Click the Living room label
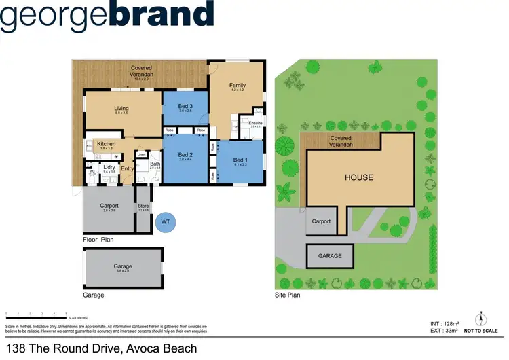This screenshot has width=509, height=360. (x=121, y=108)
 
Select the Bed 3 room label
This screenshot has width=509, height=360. (x=186, y=107)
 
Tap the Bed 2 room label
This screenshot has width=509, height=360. (x=186, y=155)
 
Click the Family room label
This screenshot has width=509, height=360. (x=237, y=85)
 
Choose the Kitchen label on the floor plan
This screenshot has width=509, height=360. (x=107, y=144)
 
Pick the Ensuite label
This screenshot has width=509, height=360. (x=256, y=123)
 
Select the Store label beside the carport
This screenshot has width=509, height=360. (x=143, y=206)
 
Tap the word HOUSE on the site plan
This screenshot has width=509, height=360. (x=359, y=178)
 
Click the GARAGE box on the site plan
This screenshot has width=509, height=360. (x=331, y=256)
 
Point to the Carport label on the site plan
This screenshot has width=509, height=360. (x=321, y=221)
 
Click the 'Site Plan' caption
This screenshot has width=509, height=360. (x=287, y=295)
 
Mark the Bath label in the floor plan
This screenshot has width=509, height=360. (x=154, y=164)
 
